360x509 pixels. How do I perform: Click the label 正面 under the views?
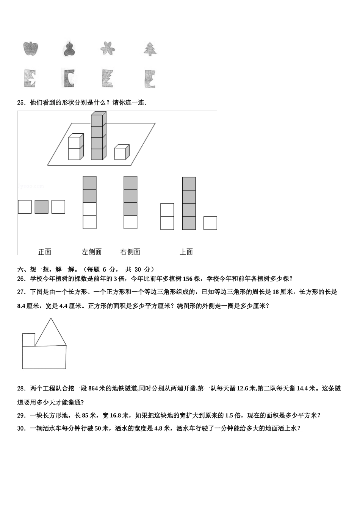(x=45, y=252)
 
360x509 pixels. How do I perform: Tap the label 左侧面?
(x=92, y=252)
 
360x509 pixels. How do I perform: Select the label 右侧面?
(x=130, y=252)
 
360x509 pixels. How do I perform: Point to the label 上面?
(x=186, y=252)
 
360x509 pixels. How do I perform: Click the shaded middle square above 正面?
(x=42, y=207)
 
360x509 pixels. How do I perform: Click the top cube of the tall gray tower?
(x=98, y=119)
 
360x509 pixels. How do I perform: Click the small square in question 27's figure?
(x=29, y=340)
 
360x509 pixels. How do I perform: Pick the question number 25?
(x=21, y=102)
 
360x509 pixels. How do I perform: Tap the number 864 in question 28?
(x=93, y=388)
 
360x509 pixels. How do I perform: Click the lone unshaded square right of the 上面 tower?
(x=210, y=223)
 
